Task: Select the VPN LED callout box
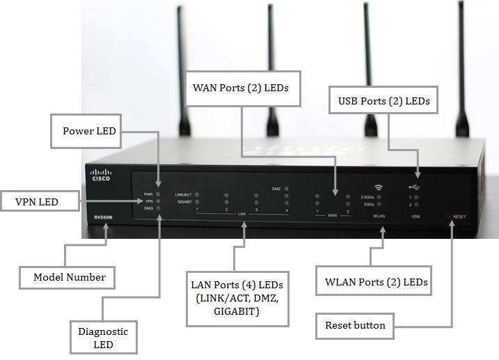click(x=38, y=202)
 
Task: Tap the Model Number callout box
click(x=70, y=277)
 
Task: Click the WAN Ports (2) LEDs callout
click(x=240, y=88)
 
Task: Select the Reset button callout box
click(x=355, y=325)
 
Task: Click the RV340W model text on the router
click(x=104, y=217)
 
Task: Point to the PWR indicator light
click(x=159, y=194)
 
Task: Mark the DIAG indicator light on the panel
click(x=159, y=208)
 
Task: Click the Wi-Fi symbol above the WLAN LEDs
click(x=379, y=187)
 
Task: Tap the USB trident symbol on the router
click(x=416, y=187)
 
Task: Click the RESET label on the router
click(x=460, y=217)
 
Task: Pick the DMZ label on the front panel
click(x=276, y=189)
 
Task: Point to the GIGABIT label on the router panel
click(x=184, y=201)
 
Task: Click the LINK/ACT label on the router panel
click(x=184, y=194)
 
